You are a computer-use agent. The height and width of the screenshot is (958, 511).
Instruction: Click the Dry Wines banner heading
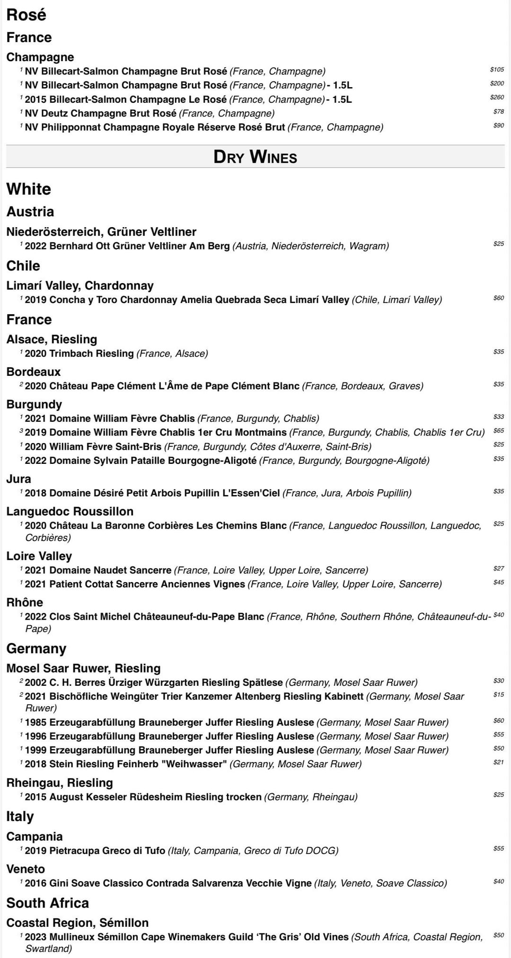coord(255,157)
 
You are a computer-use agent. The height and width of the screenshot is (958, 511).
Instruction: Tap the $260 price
coord(497,98)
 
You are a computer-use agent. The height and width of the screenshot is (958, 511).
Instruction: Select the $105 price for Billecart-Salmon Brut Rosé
coord(497,70)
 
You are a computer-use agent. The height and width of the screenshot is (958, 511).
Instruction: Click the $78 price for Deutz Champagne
coord(498,112)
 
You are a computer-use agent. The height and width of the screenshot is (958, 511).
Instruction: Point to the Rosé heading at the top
coord(26,15)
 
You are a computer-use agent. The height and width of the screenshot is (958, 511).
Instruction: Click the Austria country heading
coord(30,212)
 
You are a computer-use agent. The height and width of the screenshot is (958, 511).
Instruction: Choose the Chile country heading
coord(23,266)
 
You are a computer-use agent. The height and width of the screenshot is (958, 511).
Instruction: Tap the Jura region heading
coord(18,479)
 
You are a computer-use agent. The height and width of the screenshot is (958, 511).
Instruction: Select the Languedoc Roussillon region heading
coord(70,511)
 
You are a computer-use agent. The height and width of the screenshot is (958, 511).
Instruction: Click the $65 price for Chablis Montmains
coord(498,431)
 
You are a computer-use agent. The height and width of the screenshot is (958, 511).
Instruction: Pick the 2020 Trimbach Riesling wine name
coord(79,354)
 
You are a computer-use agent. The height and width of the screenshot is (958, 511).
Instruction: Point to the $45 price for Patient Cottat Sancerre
coord(498,582)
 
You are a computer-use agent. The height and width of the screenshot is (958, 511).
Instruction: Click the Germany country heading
coord(36,648)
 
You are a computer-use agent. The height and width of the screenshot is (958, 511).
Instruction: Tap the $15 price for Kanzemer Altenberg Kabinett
coord(498,695)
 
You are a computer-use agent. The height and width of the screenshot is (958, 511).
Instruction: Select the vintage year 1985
coord(36,722)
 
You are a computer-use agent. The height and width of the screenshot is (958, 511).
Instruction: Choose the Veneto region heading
coord(26,869)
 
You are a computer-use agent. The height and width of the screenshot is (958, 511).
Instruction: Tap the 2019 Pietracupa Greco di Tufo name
coord(95,851)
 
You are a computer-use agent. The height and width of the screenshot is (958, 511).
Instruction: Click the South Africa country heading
coord(48,903)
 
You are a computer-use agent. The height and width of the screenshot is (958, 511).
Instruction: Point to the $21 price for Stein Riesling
coord(498,763)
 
